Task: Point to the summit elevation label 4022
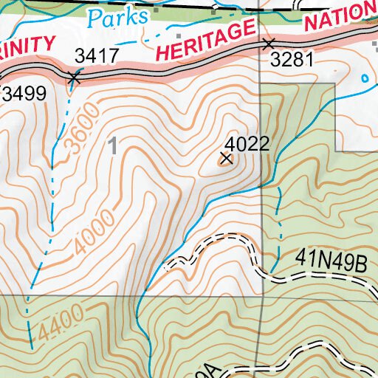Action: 246,143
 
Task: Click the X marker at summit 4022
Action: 227,158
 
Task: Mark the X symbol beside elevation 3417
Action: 74,77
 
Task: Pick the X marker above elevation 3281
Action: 269,44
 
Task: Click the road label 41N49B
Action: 331,260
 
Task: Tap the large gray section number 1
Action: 113,146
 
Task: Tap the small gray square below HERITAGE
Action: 179,35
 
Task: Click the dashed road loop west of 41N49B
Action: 214,247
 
